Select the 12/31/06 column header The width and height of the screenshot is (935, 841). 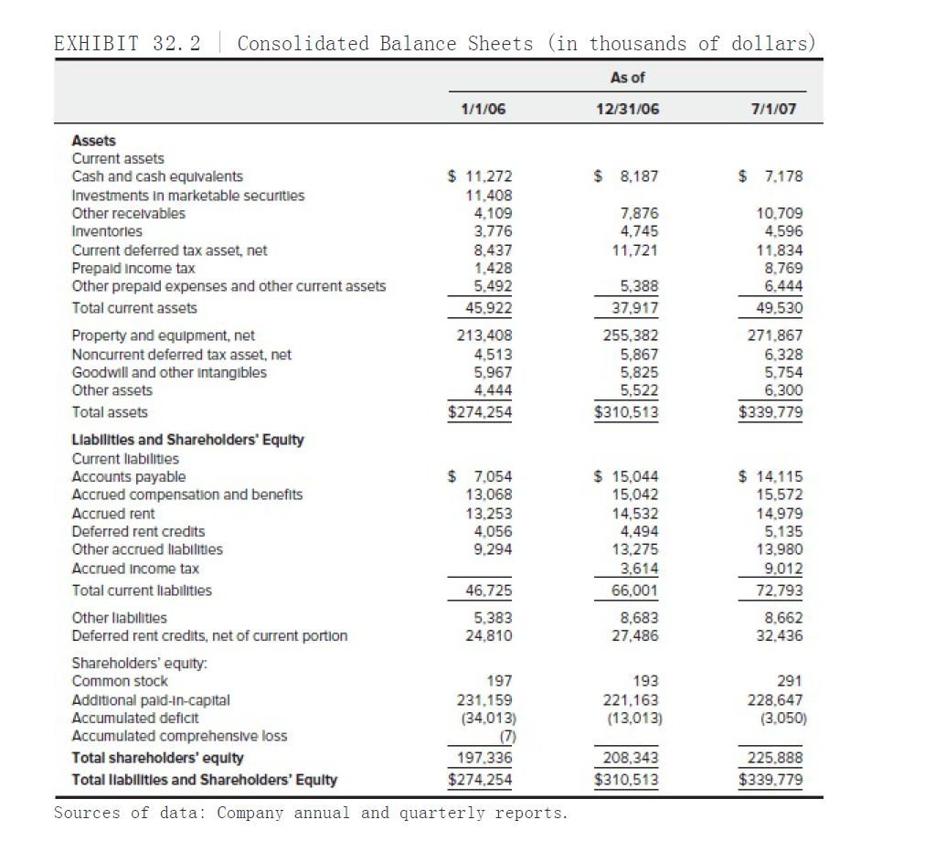pyautogui.click(x=627, y=109)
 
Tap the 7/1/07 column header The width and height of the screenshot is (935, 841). pyautogui.click(x=772, y=109)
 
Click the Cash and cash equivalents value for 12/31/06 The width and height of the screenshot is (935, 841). pyautogui.click(x=627, y=176)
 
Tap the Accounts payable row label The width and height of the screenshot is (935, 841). pyautogui.click(x=128, y=476)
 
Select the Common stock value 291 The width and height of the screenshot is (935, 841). pyautogui.click(x=788, y=681)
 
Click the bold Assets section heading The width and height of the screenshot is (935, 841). pyautogui.click(x=93, y=140)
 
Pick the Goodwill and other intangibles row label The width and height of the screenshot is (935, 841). pyautogui.click(x=169, y=372)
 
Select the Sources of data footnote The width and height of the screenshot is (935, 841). pyautogui.click(x=310, y=813)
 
